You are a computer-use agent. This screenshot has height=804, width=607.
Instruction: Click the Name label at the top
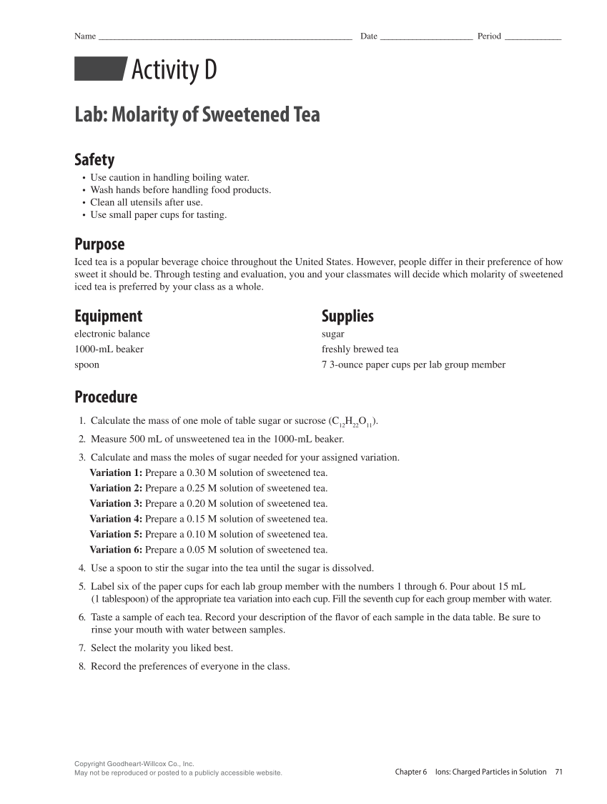84,36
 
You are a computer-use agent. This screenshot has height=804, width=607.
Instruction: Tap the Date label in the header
368,36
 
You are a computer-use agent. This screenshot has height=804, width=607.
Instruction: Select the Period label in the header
489,36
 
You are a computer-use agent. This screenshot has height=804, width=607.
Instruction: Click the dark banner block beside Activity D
100,69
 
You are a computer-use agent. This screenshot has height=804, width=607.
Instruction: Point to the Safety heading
94,159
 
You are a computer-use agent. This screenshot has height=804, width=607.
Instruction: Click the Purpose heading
99,244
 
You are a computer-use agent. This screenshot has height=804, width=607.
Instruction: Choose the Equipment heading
108,316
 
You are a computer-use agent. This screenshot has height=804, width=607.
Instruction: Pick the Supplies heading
347,316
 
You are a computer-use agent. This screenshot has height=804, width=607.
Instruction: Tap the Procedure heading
106,397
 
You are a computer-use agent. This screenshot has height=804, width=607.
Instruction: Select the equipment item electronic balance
112,334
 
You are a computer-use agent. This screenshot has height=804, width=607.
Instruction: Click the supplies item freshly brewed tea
360,349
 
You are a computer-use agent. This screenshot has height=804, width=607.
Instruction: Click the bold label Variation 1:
116,473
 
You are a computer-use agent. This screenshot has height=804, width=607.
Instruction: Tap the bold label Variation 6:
116,550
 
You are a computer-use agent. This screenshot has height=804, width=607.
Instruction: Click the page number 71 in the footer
558,772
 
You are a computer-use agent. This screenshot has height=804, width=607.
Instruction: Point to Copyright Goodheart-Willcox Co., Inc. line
134,764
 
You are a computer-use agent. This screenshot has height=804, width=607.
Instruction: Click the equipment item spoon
87,364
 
